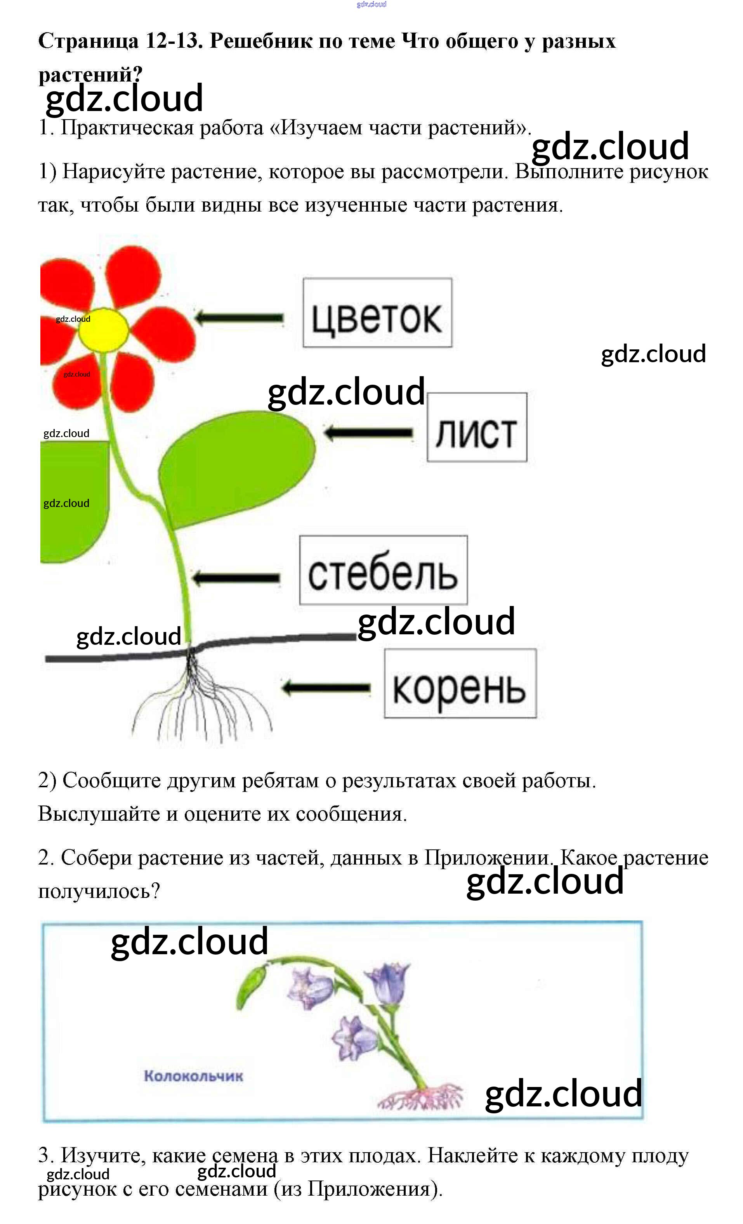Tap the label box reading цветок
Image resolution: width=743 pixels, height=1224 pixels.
click(377, 313)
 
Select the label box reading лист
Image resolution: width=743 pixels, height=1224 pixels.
click(476, 427)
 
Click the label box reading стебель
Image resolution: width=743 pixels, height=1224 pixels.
click(383, 570)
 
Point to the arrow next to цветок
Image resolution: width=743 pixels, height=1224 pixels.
click(240, 318)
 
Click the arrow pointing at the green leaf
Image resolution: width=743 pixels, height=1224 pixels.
click(368, 433)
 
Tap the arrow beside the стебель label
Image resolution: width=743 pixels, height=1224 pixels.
click(236, 577)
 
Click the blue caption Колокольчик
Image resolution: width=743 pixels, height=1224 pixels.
click(193, 1076)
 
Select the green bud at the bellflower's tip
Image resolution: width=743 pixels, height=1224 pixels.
click(251, 986)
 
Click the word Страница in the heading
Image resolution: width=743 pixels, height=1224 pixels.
click(88, 41)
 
